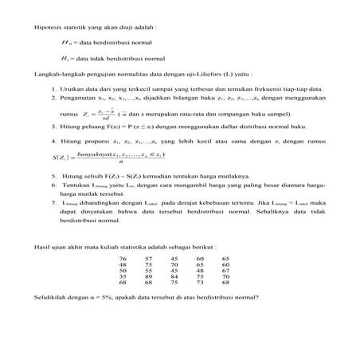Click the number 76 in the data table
[x=122, y=259]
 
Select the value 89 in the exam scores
[x=148, y=276]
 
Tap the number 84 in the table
[x=174, y=276]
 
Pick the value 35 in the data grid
[x=122, y=276]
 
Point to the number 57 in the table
[x=148, y=259]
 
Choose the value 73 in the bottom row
[x=200, y=282]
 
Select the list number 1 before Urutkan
[x=53, y=88]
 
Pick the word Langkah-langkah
[x=57, y=73]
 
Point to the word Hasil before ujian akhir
[x=41, y=247]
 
